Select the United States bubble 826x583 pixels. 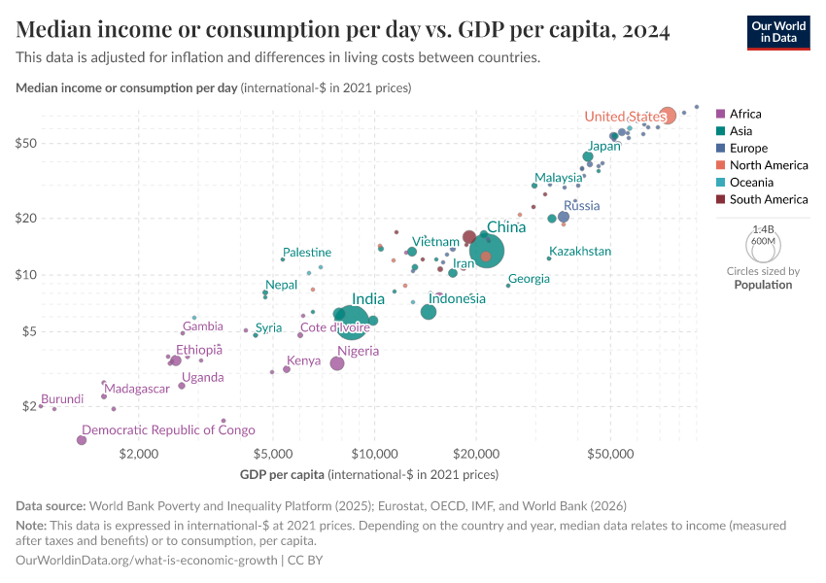click(x=667, y=116)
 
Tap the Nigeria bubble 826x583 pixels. click(x=337, y=363)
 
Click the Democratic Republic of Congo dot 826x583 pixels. click(x=82, y=440)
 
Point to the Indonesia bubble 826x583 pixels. click(x=429, y=312)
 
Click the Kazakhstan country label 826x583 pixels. click(x=580, y=252)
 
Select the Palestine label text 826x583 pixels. click(x=307, y=253)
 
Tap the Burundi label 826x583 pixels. click(x=62, y=399)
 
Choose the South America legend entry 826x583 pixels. click(x=768, y=199)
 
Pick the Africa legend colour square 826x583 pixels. click(x=719, y=114)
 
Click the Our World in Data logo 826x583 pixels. click(x=777, y=31)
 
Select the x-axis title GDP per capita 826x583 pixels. click(x=282, y=475)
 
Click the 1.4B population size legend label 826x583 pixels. click(x=763, y=229)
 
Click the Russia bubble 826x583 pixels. click(x=564, y=217)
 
